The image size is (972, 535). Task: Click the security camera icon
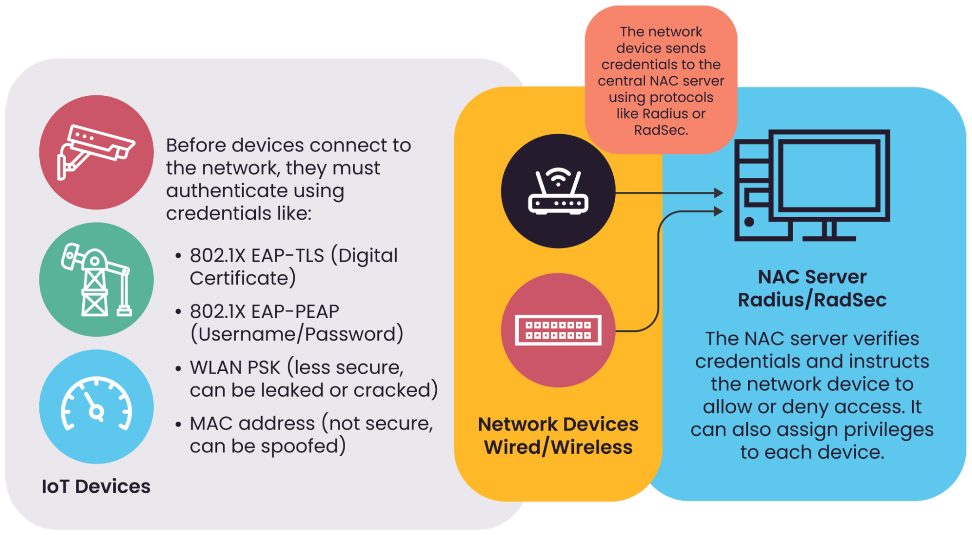point(96,152)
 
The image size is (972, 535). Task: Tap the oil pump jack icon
point(96,280)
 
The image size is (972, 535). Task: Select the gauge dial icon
point(96,406)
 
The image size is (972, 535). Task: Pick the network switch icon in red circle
point(558,330)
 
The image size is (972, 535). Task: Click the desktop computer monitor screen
point(829,177)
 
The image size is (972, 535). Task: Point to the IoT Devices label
point(96,486)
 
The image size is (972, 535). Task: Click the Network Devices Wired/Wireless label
point(558,436)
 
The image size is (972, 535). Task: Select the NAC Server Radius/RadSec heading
point(812,288)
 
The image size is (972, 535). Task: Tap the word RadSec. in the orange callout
point(661,130)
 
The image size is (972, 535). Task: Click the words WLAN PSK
point(235,368)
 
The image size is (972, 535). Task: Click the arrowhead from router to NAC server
point(718,193)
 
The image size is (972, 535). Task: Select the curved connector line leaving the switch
point(658,292)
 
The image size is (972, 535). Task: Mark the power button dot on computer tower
point(749,222)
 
